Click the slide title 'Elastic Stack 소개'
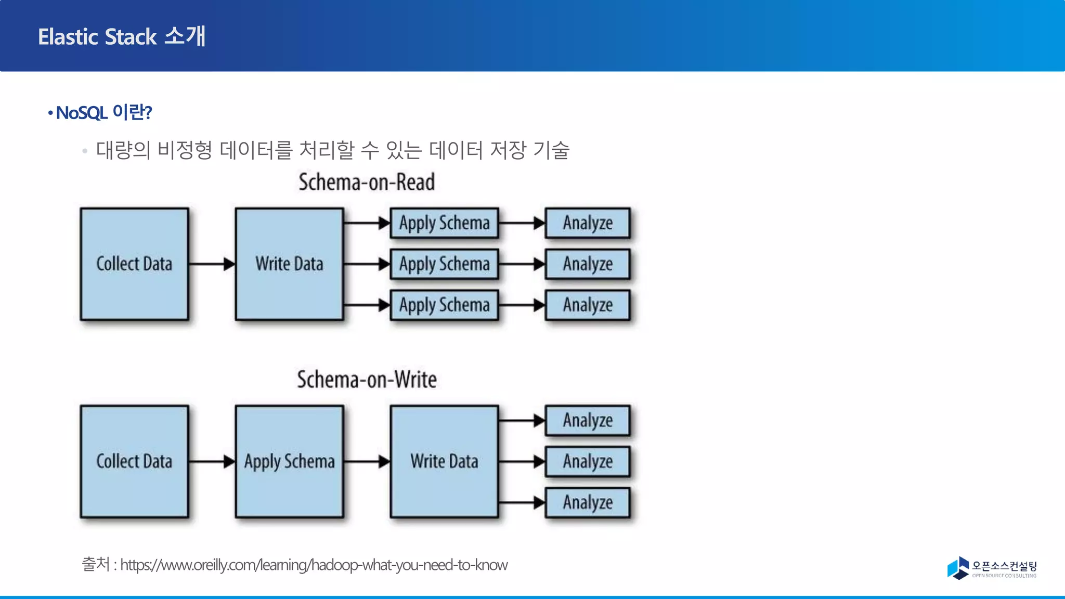point(122,36)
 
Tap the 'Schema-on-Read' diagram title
point(367,182)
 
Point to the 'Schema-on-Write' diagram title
point(367,380)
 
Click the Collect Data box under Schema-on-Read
point(134,264)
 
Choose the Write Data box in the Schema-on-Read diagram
point(289,264)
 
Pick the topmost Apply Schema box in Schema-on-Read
point(444,223)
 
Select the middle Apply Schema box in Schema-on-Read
point(444,264)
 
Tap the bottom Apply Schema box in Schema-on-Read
point(444,305)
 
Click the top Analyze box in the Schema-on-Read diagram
point(588,223)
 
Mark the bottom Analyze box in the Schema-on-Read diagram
point(588,305)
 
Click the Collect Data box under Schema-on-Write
point(134,462)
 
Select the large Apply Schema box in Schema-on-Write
point(289,462)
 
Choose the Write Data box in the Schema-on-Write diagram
point(444,462)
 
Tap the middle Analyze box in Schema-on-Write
point(588,462)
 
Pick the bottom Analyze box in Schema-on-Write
point(588,503)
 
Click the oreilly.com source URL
point(314,565)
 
